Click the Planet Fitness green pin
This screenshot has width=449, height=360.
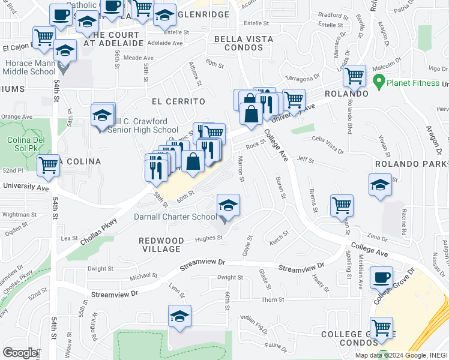coord(379,80)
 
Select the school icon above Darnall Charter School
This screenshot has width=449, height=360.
coord(228,205)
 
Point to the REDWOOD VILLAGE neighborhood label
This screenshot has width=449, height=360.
coord(161,244)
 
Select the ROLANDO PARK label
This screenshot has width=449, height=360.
coord(410,164)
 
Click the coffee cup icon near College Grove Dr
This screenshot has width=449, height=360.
coord(381,278)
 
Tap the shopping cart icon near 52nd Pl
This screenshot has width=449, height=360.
coord(48,166)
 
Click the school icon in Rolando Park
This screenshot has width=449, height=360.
coord(380,185)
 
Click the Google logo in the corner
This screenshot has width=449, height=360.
coord(20,353)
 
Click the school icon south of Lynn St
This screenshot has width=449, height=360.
coord(180,316)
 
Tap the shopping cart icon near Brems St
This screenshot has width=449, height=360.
coord(342,205)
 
